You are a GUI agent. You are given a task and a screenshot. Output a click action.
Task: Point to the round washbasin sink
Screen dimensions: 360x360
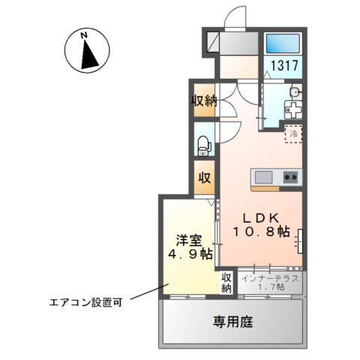click(x=294, y=93)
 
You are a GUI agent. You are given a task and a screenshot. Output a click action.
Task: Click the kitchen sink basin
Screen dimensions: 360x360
click(x=265, y=177)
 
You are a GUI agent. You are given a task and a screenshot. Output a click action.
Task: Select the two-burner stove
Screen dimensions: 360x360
click(x=290, y=177)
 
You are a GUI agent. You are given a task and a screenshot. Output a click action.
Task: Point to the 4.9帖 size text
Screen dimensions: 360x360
click(x=187, y=255)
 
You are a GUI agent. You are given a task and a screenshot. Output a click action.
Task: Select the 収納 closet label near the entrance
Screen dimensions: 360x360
click(x=203, y=100)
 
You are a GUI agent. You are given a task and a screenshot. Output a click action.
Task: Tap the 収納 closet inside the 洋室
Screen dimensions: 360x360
click(x=226, y=282)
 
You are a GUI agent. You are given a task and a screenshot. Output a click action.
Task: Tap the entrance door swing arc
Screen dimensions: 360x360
click(x=236, y=16)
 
